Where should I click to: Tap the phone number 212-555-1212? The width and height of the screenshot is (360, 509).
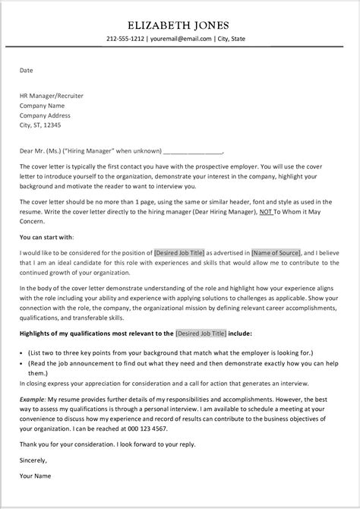pyautogui.click(x=126, y=40)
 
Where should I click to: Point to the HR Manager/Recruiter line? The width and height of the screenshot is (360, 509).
pyautogui.click(x=52, y=96)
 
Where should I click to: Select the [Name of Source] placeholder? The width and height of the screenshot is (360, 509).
pyautogui.click(x=276, y=252)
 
